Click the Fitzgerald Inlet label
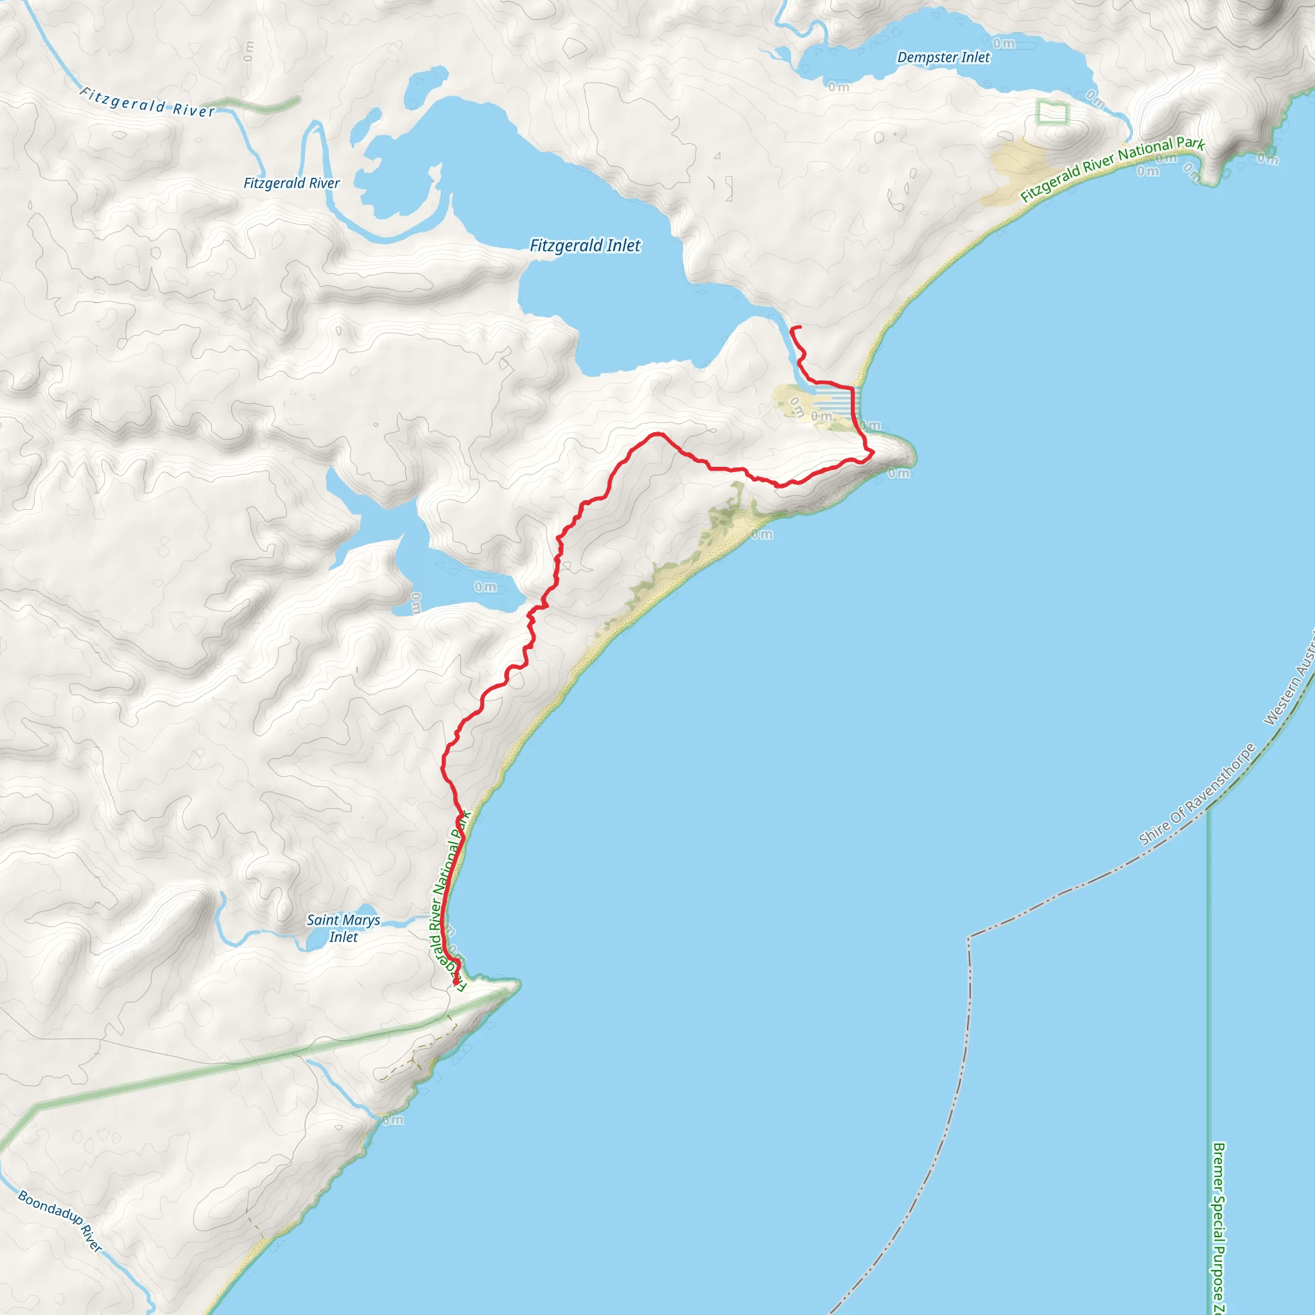(x=585, y=246)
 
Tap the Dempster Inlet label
(x=943, y=58)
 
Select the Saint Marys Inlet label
(x=343, y=928)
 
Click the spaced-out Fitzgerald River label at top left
(x=148, y=102)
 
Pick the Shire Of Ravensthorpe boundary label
(x=1197, y=795)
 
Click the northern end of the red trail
(x=800, y=327)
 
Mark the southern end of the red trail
(x=455, y=983)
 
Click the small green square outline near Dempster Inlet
(x=1052, y=112)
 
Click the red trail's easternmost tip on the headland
(x=873, y=451)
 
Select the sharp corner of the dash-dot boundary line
(x=968, y=937)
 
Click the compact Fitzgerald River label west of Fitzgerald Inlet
(x=292, y=183)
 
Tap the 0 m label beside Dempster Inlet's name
(x=1004, y=44)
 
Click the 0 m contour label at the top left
(x=248, y=51)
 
